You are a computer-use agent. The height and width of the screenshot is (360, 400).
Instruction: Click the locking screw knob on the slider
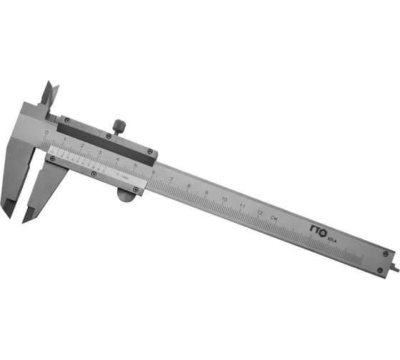click(x=119, y=127)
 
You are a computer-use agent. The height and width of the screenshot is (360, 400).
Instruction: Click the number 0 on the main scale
click(x=46, y=133)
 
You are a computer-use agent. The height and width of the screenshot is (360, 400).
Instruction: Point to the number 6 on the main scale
click(x=154, y=173)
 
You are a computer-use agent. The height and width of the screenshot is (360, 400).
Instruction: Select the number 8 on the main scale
click(x=189, y=186)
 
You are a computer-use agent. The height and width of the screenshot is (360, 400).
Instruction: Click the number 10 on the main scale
click(x=224, y=199)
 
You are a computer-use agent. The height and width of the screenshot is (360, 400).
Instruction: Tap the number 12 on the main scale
click(x=260, y=212)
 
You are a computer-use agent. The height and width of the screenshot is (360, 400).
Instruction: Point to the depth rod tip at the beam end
click(x=395, y=271)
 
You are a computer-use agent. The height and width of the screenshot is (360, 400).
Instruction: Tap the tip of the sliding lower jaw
click(x=29, y=216)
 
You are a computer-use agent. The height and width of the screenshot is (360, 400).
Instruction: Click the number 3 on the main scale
click(x=99, y=152)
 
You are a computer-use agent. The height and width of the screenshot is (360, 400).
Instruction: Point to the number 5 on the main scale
click(x=135, y=166)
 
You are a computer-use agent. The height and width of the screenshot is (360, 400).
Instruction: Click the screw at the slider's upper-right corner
click(x=150, y=151)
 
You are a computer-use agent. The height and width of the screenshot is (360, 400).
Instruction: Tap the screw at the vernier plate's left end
click(x=51, y=159)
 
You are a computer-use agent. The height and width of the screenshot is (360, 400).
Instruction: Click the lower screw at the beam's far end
click(x=380, y=270)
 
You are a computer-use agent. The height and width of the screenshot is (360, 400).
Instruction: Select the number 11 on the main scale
click(x=242, y=206)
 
